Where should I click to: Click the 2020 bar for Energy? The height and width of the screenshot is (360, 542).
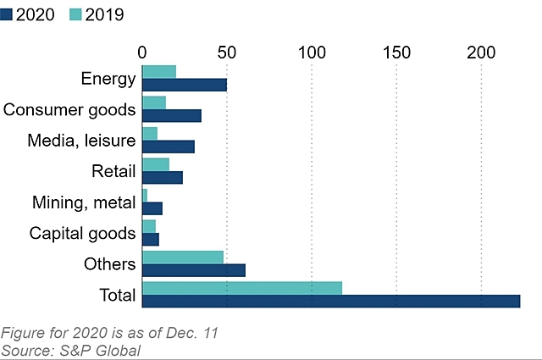pos(185,85)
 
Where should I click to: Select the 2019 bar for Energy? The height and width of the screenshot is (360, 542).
pos(159,72)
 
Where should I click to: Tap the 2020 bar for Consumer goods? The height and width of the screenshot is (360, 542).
pos(172,115)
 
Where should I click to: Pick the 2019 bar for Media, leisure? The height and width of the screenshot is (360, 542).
pos(150,133)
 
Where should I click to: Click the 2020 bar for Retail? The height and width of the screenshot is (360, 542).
pos(163,177)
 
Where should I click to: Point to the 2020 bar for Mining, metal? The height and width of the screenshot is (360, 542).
pos(152,208)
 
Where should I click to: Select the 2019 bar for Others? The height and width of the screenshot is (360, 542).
pos(183,257)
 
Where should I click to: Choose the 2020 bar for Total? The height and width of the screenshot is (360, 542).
pos(331,301)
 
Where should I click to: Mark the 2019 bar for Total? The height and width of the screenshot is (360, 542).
pos(242,288)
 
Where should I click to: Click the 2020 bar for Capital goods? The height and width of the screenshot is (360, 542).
pos(151,239)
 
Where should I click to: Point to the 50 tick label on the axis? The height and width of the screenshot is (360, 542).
pos(227,52)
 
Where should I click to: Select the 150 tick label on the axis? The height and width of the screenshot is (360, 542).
pos(396,52)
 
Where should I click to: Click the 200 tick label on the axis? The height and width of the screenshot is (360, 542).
pos(481,52)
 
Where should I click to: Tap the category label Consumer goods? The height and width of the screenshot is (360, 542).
pos(69,109)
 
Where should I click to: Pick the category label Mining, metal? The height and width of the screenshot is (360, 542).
pos(83,202)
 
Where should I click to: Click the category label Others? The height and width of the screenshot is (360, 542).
pos(110,264)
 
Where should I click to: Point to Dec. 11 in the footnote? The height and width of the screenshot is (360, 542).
pos(193,333)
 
